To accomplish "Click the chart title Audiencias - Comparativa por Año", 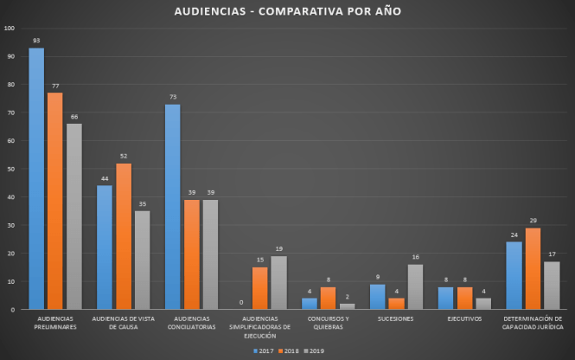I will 288,11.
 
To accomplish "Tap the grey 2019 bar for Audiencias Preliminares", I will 73,216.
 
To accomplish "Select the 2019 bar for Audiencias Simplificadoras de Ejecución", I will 278,282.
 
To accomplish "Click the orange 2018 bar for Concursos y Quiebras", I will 328,298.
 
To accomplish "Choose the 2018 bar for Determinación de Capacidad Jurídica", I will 532,268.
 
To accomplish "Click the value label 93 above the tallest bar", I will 36,41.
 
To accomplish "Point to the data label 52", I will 124,157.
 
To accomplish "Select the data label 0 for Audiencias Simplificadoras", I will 241,302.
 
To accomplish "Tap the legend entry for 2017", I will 264,350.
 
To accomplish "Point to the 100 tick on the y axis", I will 10,28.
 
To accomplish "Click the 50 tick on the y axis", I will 11,169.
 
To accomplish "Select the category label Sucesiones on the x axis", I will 395,318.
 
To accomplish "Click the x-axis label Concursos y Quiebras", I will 328,323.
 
